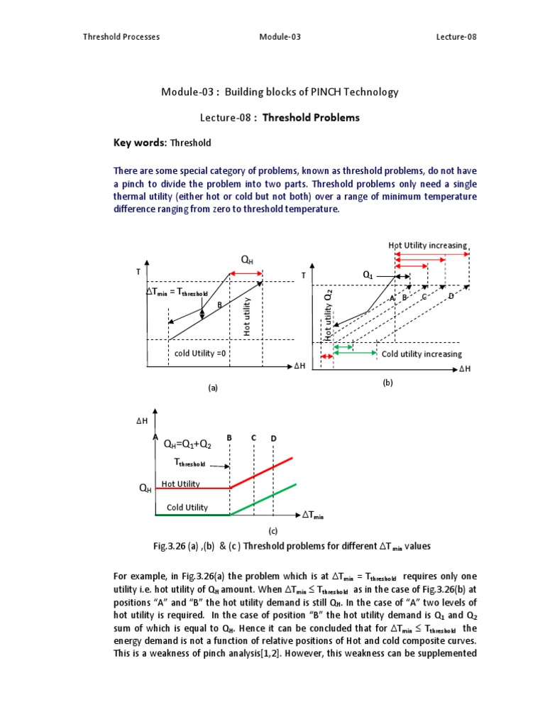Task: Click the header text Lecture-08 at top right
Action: (x=456, y=37)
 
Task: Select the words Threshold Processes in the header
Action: (x=121, y=37)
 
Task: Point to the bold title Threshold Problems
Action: (x=311, y=118)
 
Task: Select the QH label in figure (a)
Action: (x=246, y=261)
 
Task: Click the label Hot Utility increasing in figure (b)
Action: (x=427, y=246)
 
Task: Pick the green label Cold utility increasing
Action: (x=422, y=354)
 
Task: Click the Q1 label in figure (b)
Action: (x=368, y=274)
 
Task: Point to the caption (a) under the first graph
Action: (x=211, y=388)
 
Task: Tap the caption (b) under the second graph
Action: (x=387, y=383)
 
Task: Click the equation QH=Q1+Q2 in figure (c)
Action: (x=187, y=444)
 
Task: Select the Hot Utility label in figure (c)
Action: (x=181, y=483)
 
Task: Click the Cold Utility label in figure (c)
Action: (x=187, y=508)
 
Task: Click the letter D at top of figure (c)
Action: (x=273, y=439)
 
